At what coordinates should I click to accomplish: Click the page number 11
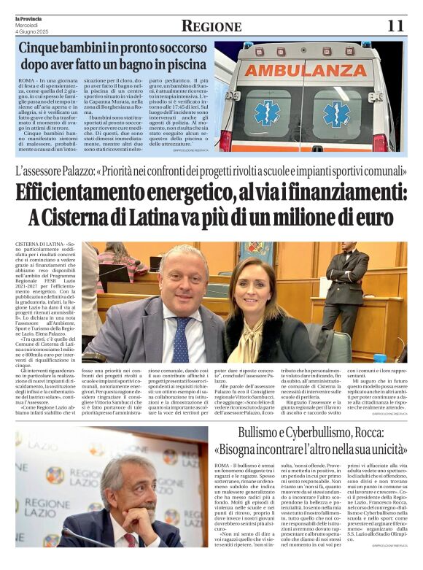pos(395,26)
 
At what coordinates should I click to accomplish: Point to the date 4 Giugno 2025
pos(30,31)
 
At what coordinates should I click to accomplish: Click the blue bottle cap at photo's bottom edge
pos(379,358)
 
